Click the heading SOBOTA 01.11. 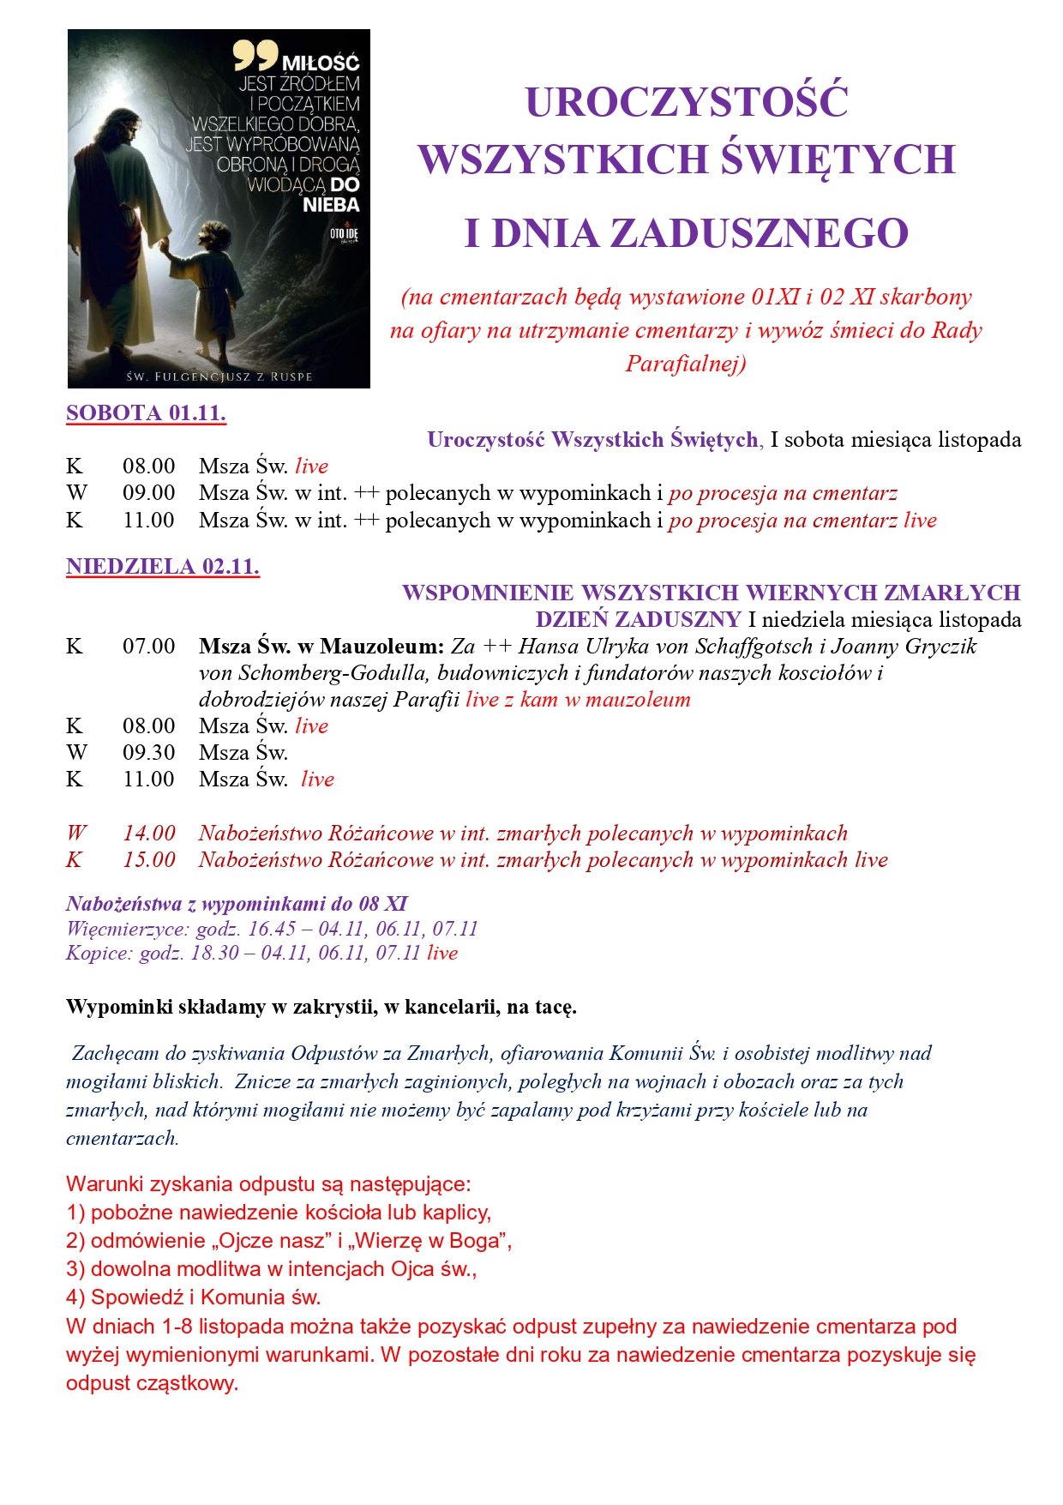(146, 412)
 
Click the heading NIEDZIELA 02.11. (162, 566)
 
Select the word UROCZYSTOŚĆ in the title (687, 102)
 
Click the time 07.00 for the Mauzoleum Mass (148, 646)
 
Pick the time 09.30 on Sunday (148, 752)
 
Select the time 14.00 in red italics (148, 833)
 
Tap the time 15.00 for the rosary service (148, 859)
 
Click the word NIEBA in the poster (331, 205)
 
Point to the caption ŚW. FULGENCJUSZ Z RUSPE (219, 376)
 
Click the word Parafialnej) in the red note (686, 364)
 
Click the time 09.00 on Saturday (148, 493)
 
